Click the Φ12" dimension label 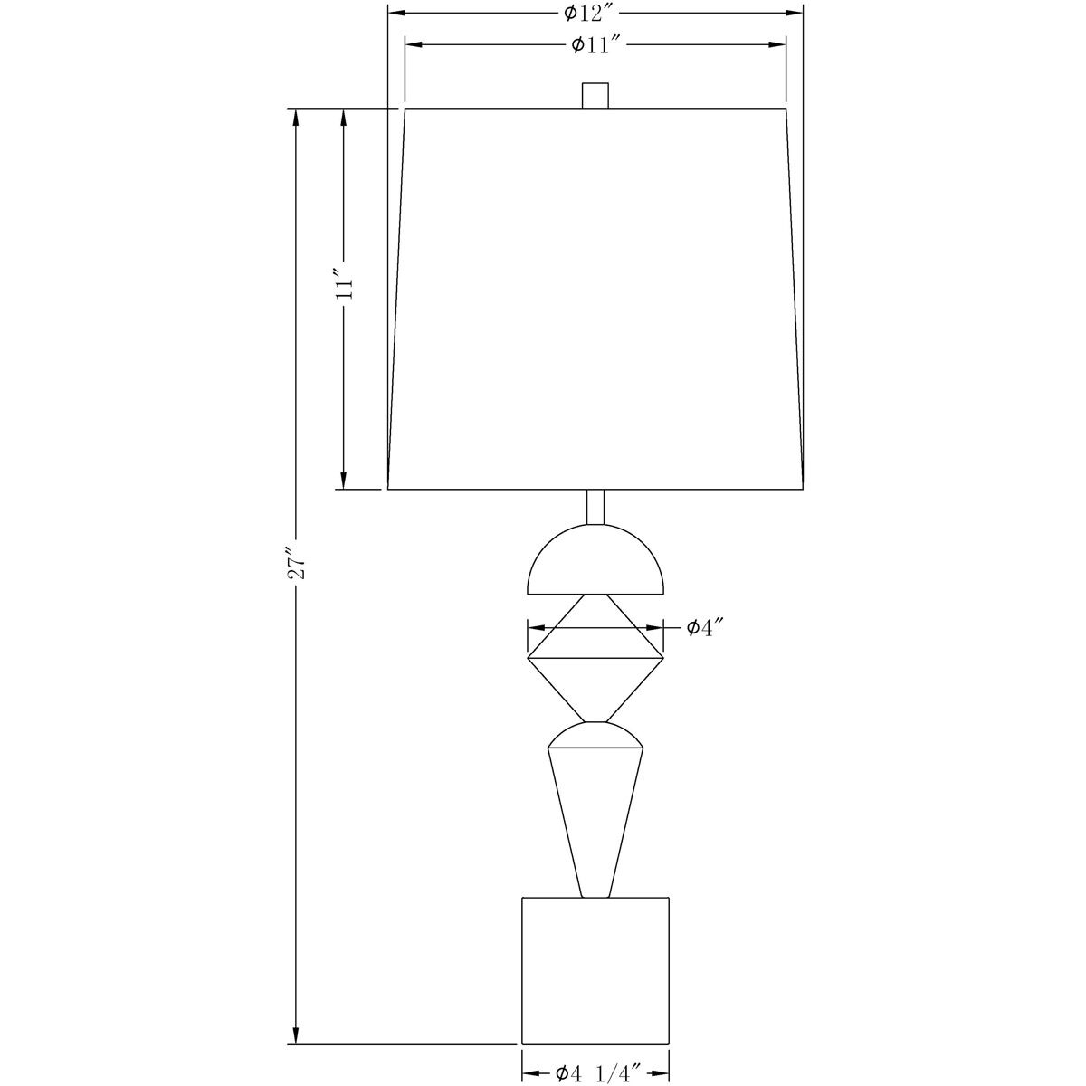(x=589, y=13)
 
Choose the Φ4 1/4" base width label (x=598, y=1057)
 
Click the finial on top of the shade (x=595, y=95)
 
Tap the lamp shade (x=595, y=299)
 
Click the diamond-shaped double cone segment (x=595, y=658)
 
